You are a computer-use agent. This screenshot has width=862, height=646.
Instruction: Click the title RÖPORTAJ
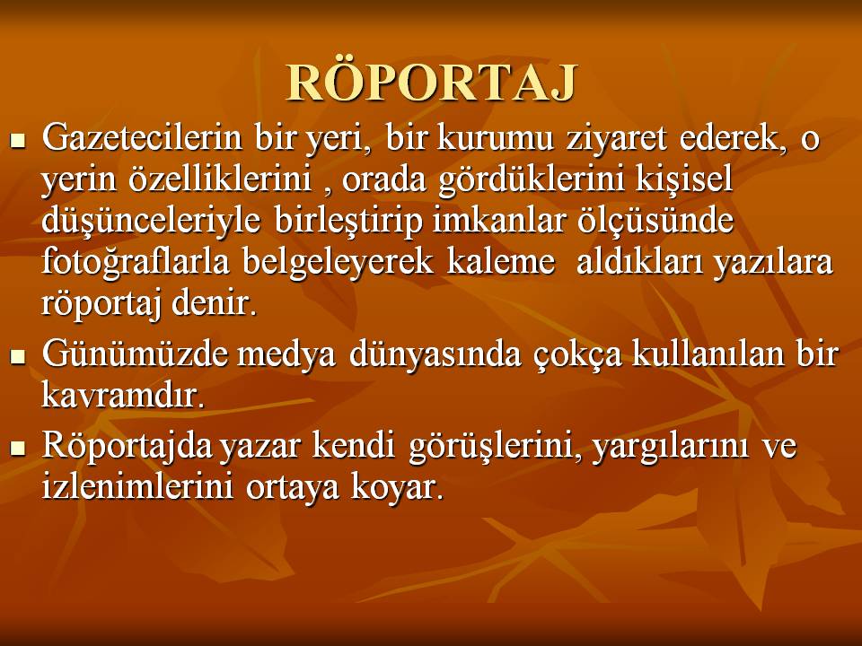432,82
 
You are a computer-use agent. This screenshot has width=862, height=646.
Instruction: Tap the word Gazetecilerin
142,137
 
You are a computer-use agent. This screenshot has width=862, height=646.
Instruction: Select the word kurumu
496,137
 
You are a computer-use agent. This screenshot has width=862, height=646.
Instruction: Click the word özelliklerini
221,179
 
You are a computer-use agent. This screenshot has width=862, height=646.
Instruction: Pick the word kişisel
684,179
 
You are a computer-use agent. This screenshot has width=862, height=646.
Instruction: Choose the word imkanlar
499,220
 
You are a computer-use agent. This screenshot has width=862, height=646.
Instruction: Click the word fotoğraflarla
136,262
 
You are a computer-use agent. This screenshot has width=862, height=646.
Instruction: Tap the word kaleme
501,261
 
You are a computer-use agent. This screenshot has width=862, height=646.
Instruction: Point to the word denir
215,302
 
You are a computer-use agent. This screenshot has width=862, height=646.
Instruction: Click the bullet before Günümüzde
18,356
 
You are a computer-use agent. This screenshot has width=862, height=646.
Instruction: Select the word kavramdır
123,395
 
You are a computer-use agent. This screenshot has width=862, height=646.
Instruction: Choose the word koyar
397,488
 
